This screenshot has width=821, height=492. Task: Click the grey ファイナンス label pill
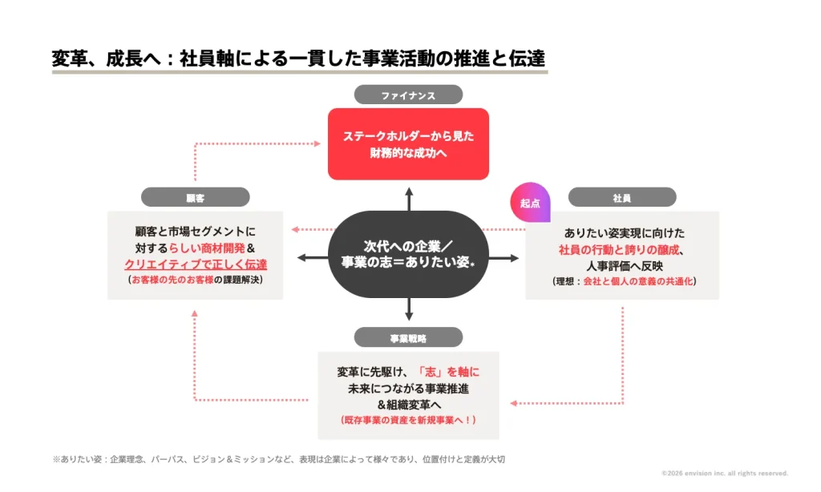(x=408, y=95)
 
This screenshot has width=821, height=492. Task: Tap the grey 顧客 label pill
(x=196, y=197)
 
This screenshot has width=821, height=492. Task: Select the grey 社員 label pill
(x=622, y=197)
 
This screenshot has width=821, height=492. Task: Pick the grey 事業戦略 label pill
(x=408, y=337)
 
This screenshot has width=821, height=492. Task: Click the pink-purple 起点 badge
(x=530, y=203)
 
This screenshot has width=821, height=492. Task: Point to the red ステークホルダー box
(x=408, y=144)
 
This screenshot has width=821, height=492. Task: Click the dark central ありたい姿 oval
(x=408, y=255)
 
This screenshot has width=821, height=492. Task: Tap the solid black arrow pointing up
(x=409, y=200)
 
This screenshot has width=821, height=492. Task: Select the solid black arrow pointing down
(x=409, y=309)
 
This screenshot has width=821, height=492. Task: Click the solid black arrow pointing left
(x=313, y=257)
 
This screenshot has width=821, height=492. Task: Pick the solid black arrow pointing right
(x=504, y=257)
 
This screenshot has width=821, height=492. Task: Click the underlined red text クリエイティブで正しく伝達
(x=196, y=264)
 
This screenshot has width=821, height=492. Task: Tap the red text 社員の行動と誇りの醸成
(x=619, y=250)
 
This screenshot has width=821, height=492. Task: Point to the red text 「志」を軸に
(x=447, y=372)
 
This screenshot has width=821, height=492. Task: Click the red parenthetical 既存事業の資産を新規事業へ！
(x=408, y=420)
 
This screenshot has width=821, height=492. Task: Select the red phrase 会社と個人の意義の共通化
(x=637, y=281)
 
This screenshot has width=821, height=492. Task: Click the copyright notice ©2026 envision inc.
(x=725, y=473)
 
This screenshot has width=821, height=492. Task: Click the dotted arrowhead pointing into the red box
(x=317, y=143)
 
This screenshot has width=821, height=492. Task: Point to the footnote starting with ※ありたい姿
(x=278, y=459)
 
